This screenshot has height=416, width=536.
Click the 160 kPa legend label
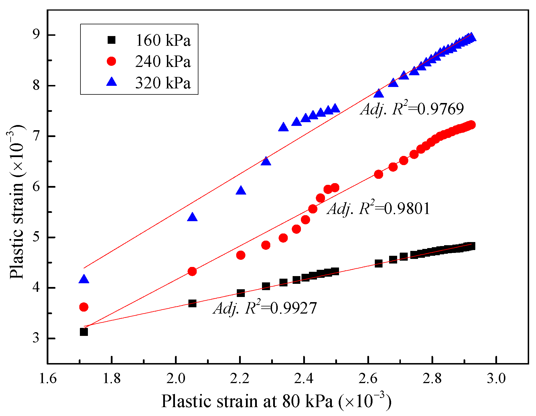[163, 40]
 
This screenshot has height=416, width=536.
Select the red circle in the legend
[111, 61]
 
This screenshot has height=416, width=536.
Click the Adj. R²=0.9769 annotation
[412, 109]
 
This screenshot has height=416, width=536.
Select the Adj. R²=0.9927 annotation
[265, 308]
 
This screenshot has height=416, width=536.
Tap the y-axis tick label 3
[36, 338]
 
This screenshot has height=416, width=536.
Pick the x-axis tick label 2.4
[304, 378]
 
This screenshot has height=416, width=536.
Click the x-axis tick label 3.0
[496, 378]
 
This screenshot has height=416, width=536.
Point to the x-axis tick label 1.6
[48, 378]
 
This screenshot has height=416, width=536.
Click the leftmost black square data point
[84, 332]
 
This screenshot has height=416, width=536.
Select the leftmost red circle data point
[84, 307]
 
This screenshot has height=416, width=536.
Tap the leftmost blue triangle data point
[84, 279]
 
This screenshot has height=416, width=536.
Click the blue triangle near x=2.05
[192, 217]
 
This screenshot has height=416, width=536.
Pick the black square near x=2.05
[192, 303]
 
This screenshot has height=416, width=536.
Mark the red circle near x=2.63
[379, 174]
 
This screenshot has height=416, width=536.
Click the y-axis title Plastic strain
[17, 202]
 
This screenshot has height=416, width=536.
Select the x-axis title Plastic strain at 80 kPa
[276, 401]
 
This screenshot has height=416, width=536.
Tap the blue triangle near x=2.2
[241, 191]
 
